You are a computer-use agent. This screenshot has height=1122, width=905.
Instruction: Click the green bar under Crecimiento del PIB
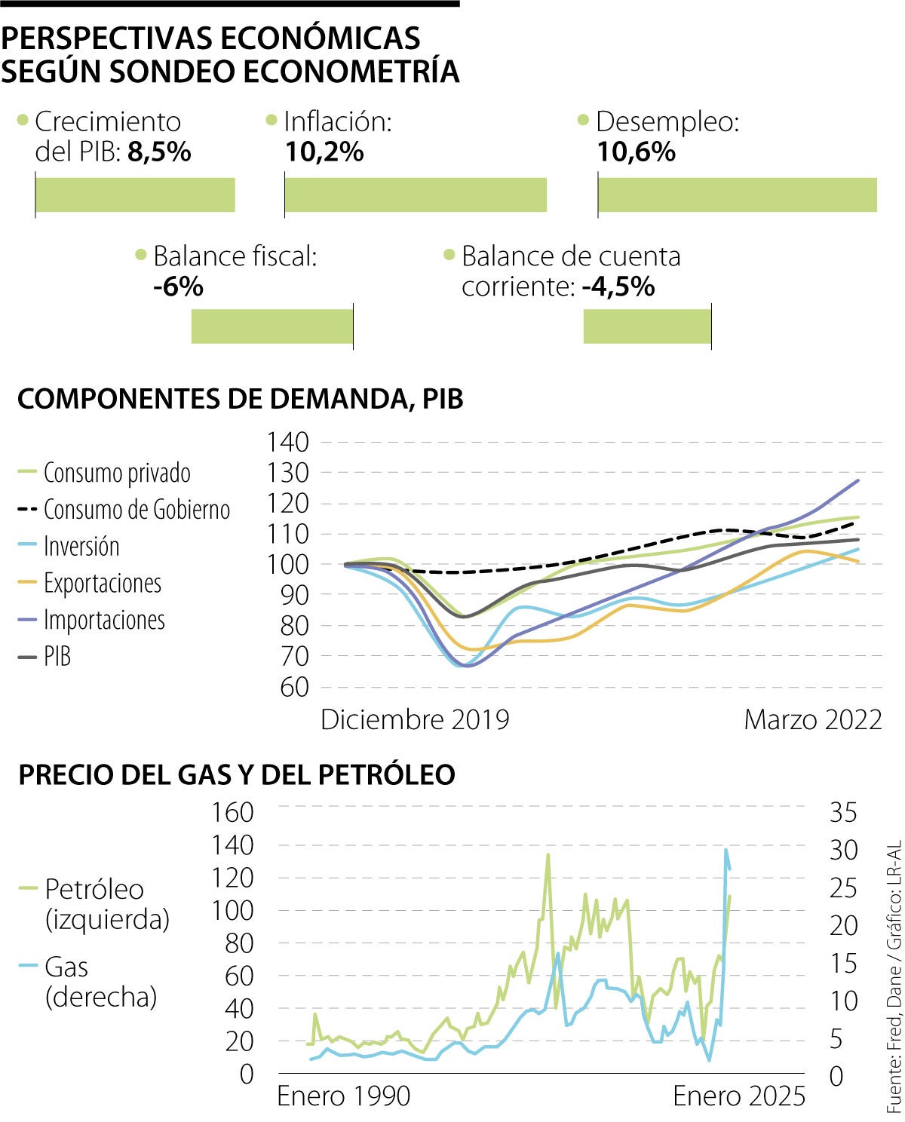tap(136, 195)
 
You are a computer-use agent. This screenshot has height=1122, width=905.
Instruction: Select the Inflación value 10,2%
tap(324, 152)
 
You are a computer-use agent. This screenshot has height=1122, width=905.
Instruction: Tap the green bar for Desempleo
tap(737, 195)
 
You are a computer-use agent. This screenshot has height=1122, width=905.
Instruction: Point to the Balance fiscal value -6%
tap(178, 287)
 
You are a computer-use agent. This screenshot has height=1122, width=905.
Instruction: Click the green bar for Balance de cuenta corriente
tap(647, 326)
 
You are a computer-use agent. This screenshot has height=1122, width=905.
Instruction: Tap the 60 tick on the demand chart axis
tap(294, 687)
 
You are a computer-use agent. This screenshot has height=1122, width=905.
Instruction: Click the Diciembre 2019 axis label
tap(415, 719)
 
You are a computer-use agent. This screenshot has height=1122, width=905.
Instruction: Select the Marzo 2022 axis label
tap(813, 719)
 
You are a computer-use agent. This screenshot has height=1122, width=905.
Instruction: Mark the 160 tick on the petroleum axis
tap(233, 812)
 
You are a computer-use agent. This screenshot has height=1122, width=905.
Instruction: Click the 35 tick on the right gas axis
tap(844, 812)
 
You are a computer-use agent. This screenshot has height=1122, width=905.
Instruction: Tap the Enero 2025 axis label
tap(739, 1096)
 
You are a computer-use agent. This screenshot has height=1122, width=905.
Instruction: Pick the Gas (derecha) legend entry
tap(101, 982)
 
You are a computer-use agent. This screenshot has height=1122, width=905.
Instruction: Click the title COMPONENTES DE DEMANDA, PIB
tap(240, 399)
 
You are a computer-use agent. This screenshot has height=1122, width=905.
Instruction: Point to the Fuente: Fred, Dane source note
tap(894, 980)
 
